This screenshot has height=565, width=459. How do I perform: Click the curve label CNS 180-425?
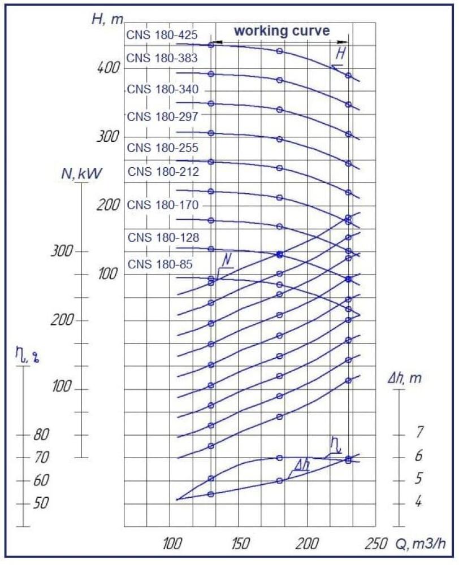(162, 35)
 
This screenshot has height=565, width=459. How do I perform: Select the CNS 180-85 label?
(160, 264)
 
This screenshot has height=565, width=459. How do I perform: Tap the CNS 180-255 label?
(163, 147)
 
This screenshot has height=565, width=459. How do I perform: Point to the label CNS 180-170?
(163, 205)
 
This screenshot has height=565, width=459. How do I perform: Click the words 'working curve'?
(282, 31)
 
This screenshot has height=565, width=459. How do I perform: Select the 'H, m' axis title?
(107, 19)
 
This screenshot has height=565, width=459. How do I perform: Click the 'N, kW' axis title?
(81, 173)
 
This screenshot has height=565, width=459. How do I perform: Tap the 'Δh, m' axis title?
(404, 379)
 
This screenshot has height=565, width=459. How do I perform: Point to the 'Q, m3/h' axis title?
(421, 544)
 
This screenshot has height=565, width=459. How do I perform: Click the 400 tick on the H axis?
(108, 67)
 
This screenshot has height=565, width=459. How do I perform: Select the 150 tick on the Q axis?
(240, 543)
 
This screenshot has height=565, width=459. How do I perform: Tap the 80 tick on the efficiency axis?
(41, 435)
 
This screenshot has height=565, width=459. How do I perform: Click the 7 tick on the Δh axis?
(419, 432)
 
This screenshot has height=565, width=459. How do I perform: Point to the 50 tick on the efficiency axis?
(41, 503)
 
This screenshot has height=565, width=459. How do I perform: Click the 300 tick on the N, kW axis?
(62, 251)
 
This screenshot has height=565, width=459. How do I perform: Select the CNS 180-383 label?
(162, 58)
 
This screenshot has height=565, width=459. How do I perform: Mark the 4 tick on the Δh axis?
(418, 501)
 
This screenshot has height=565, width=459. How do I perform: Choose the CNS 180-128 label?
(163, 237)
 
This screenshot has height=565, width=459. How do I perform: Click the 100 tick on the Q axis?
(172, 543)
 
